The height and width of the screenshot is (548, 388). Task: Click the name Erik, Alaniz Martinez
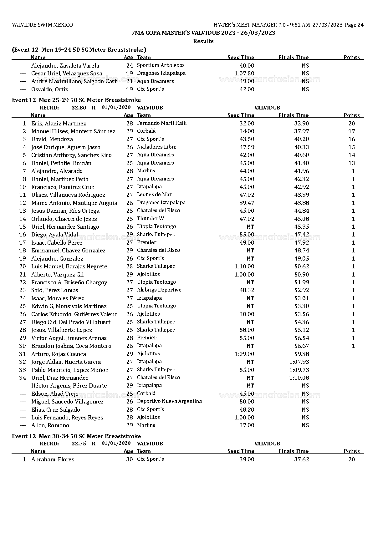pyautogui.click(x=59, y=124)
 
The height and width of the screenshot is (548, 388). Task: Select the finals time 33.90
pyautogui.click(x=301, y=124)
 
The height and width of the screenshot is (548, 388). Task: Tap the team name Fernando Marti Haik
pyautogui.click(x=161, y=123)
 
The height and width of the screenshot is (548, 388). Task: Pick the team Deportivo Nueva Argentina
pyautogui.click(x=169, y=401)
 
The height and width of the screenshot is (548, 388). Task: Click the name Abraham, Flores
pyautogui.click(x=53, y=459)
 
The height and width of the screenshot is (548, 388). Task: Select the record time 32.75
pyautogui.click(x=79, y=444)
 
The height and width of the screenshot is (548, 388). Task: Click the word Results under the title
pyautogui.click(x=203, y=41)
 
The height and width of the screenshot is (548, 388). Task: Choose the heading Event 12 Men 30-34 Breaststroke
pyautogui.click(x=76, y=436)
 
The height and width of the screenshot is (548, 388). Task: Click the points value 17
pyautogui.click(x=352, y=131)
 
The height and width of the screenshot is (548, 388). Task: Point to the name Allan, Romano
pyautogui.click(x=50, y=425)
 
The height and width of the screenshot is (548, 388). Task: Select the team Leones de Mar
pyautogui.click(x=154, y=195)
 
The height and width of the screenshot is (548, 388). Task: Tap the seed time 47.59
pyautogui.click(x=247, y=147)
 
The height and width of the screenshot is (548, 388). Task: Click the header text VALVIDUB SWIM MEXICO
pyautogui.click(x=42, y=25)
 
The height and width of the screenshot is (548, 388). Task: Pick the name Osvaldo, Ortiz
pyautogui.click(x=49, y=89)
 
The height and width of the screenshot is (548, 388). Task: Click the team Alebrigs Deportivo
pyautogui.click(x=159, y=290)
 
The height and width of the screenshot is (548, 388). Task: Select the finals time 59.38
pyautogui.click(x=301, y=354)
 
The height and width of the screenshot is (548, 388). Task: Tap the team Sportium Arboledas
pyautogui.click(x=161, y=65)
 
